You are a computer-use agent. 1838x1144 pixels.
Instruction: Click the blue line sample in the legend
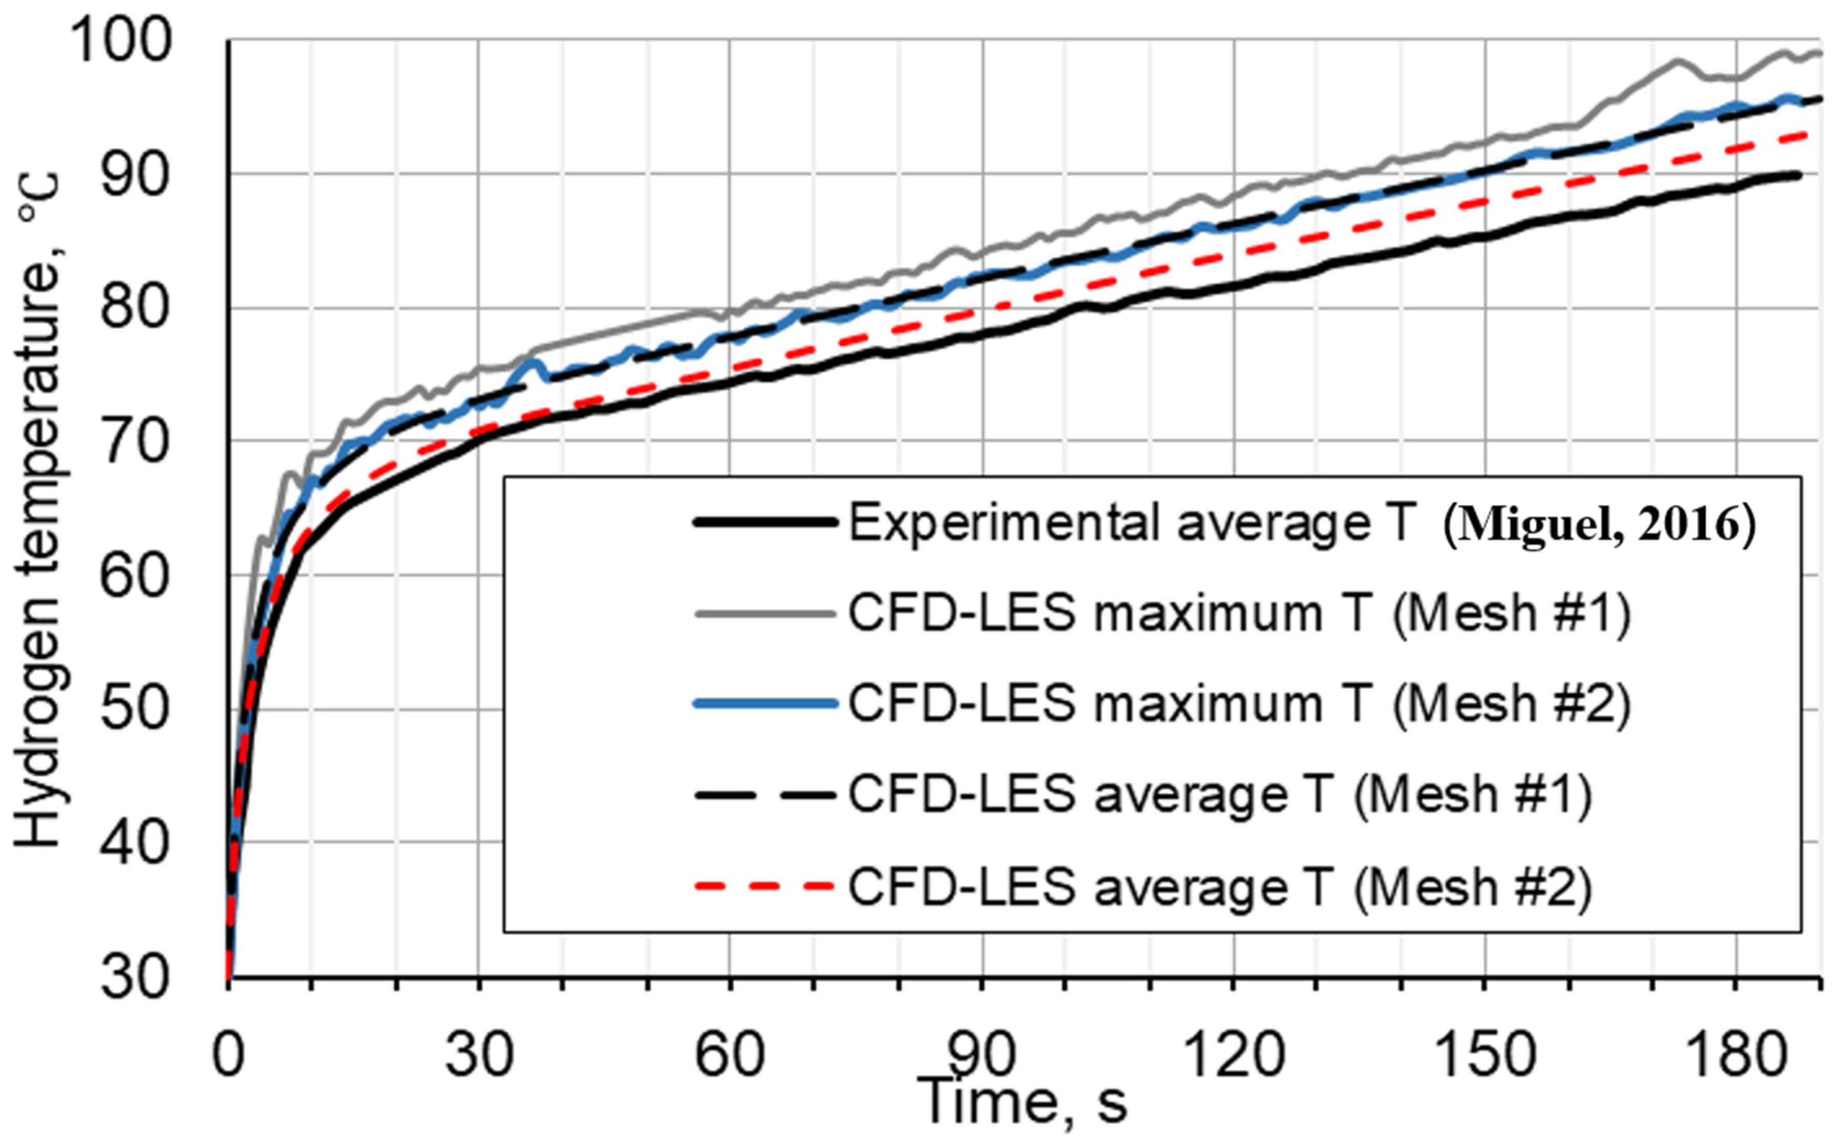coord(765,704)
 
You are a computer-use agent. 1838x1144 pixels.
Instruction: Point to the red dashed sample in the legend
coord(765,886)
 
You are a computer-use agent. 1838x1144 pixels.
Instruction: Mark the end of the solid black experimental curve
coord(1799,175)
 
